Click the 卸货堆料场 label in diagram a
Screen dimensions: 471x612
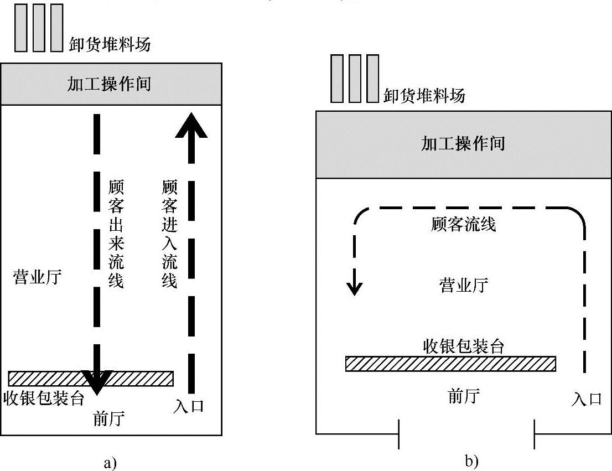[110, 44]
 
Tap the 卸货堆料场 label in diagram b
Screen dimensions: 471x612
[424, 96]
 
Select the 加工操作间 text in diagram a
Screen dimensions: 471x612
[109, 84]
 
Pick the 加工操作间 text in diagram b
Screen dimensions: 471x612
[463, 144]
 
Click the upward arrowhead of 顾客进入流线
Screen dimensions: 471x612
[191, 125]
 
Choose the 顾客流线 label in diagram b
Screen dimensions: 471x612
[463, 225]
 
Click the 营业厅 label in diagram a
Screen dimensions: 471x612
[37, 277]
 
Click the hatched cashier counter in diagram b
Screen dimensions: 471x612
[450, 364]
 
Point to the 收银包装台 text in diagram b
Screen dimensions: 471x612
[463, 346]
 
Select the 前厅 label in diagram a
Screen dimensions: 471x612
[109, 420]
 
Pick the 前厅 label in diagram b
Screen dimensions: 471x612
[463, 396]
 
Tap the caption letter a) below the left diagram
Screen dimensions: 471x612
[108, 462]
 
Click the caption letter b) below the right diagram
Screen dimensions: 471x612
[471, 460]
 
